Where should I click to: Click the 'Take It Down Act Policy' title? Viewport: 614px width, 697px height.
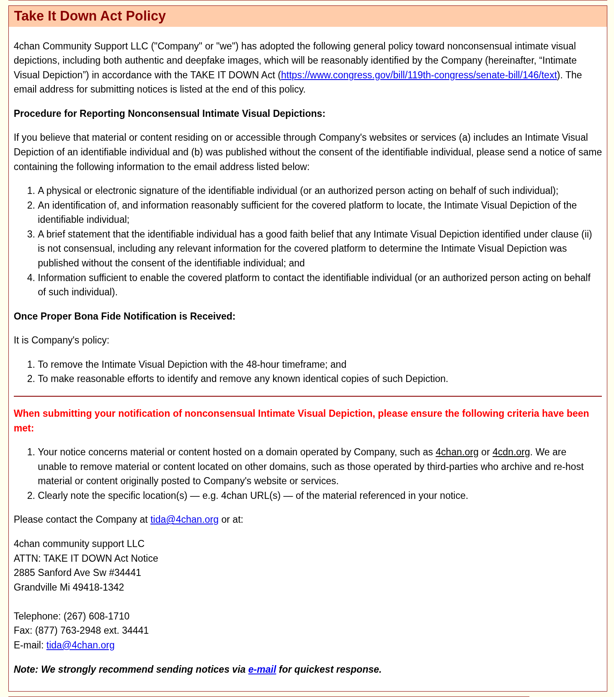[x=90, y=16]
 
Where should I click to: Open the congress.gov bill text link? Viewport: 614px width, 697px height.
[x=419, y=75]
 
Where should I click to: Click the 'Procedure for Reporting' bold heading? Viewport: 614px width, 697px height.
[x=169, y=114]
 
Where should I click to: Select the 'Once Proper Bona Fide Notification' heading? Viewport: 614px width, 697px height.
[x=124, y=316]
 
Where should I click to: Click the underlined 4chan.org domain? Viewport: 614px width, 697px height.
[x=457, y=452]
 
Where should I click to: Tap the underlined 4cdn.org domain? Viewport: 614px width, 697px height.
[x=511, y=452]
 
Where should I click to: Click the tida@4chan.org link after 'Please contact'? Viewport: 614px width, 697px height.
[x=184, y=519]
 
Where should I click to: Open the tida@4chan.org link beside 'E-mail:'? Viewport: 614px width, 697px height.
[x=80, y=645]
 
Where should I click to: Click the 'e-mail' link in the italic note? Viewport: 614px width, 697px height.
[x=262, y=669]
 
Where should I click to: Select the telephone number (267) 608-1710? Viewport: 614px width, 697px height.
[x=96, y=616]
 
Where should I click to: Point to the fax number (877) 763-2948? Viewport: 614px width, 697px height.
[x=68, y=630]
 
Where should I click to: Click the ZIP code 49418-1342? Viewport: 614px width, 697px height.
[x=98, y=587]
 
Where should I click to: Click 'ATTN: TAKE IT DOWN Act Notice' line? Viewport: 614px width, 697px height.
[x=86, y=558]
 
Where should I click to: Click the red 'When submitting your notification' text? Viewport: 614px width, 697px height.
[x=301, y=414]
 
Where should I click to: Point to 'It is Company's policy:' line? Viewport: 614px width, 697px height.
[x=62, y=340]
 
